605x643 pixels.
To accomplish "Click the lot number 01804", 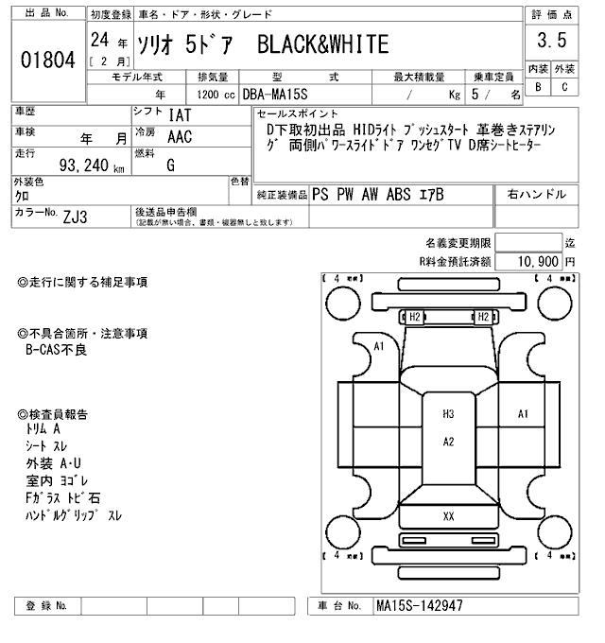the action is [x=47, y=61].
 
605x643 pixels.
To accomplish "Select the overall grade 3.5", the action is [x=551, y=42].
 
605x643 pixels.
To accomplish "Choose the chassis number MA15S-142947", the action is [x=419, y=605].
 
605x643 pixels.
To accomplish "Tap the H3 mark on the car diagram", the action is [x=448, y=414].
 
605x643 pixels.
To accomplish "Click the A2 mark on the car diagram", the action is [x=449, y=442].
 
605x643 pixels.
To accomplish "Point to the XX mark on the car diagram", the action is [x=448, y=516].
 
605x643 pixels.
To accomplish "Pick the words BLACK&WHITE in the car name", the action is [x=323, y=44].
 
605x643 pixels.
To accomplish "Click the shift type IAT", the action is [x=180, y=115].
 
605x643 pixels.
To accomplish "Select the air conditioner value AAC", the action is [x=180, y=136].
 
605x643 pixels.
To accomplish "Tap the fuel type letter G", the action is [x=171, y=165].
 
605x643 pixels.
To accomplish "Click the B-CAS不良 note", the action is [x=56, y=349].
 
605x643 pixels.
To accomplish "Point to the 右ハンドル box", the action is [x=536, y=194].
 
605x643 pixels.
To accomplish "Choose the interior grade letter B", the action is [x=538, y=87].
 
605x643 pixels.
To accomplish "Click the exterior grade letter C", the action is [x=564, y=87].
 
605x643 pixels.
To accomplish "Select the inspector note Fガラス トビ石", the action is [x=65, y=497].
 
